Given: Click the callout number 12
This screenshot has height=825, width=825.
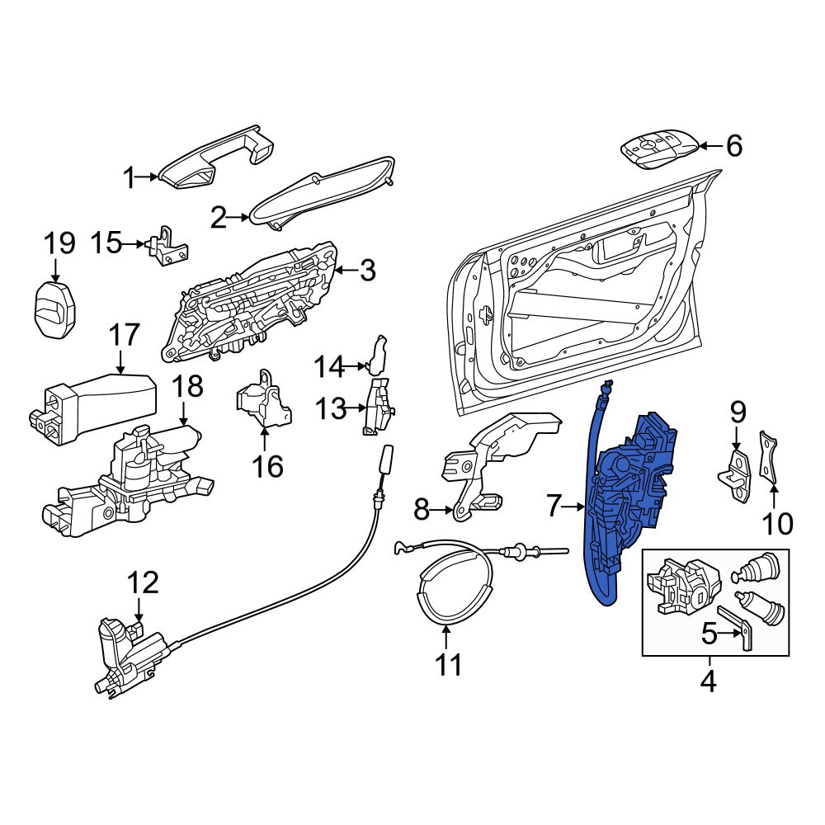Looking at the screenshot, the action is coord(143,582).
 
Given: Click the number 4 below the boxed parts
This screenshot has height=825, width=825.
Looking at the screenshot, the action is coord(709,682).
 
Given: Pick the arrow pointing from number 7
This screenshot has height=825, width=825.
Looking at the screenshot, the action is coord(573,507).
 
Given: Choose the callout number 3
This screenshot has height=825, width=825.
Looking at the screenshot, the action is coord(367,271).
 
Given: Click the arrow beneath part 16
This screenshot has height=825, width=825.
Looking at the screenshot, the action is coord(265,440).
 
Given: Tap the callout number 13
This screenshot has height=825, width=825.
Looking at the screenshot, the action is coord(331,409).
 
